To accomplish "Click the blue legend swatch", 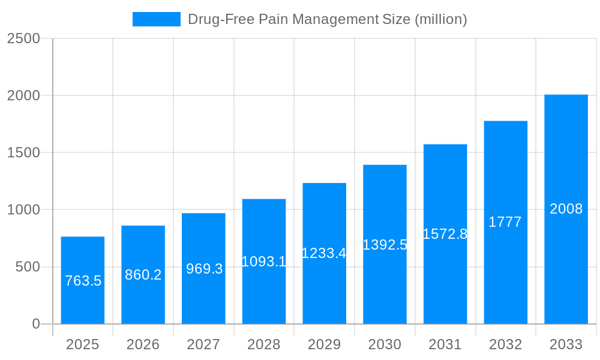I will [x=156, y=19].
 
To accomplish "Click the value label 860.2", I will [x=143, y=275].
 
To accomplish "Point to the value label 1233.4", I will [x=324, y=253].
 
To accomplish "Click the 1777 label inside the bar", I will [x=505, y=222].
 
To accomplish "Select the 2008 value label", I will [x=566, y=209].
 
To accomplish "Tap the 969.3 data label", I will [x=204, y=269].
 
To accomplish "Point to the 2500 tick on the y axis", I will [x=23, y=38].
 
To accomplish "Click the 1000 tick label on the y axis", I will [x=23, y=210].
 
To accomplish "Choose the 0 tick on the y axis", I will [x=35, y=324].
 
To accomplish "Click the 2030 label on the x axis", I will [x=385, y=344].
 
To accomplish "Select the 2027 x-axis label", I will [x=203, y=344].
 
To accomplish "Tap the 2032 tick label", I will [x=505, y=344].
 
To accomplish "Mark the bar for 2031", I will [x=445, y=282].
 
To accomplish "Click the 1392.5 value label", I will [x=385, y=245].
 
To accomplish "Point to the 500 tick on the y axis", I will [x=27, y=267].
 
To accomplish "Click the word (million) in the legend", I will [x=440, y=19].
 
